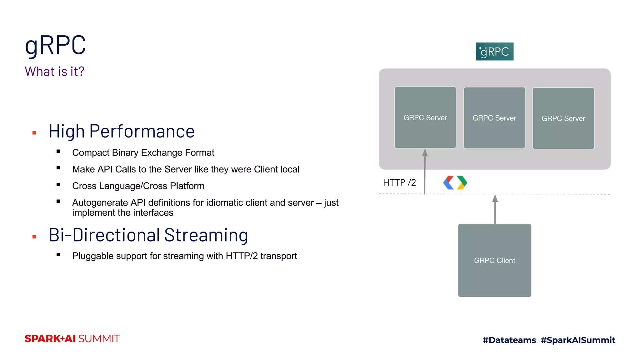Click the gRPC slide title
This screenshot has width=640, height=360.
55,46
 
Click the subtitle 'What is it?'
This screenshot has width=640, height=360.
54,72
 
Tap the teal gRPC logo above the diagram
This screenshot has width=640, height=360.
494,52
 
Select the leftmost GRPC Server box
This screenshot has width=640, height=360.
425,117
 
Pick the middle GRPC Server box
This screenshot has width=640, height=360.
494,118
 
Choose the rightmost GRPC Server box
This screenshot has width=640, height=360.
563,118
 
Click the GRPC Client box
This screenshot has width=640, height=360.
494,260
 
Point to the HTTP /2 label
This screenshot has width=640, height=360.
399,182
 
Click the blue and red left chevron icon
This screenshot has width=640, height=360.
448,183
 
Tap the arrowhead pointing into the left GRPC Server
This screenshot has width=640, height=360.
425,152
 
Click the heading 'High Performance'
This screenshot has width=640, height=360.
122,131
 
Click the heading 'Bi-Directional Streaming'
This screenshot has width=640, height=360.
148,235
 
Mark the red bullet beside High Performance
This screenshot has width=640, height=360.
34,133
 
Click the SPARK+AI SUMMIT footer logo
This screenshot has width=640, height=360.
72,339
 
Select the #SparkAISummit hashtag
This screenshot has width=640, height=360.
578,340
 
